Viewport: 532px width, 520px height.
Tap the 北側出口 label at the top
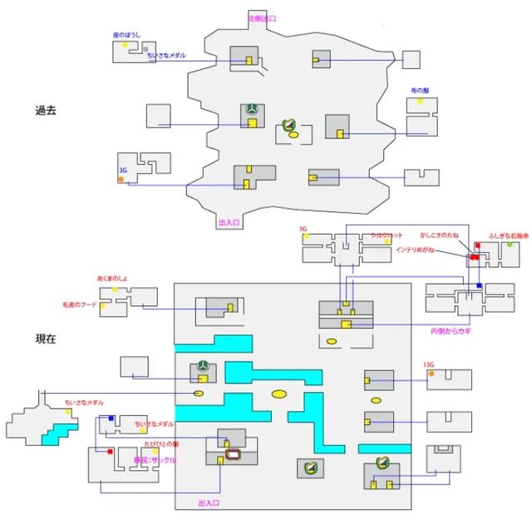(262, 17)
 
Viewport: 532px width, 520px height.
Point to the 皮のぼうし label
(127, 35)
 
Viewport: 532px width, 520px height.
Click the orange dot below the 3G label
(121, 180)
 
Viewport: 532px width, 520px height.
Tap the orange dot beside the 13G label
(431, 374)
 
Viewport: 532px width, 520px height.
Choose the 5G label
(303, 227)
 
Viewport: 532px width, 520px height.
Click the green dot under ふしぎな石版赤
(510, 245)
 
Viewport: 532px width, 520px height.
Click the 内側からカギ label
(451, 331)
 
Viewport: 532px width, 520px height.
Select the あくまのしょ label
(114, 278)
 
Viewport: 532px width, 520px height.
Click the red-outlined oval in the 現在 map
(234, 454)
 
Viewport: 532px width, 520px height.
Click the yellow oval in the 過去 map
(293, 134)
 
